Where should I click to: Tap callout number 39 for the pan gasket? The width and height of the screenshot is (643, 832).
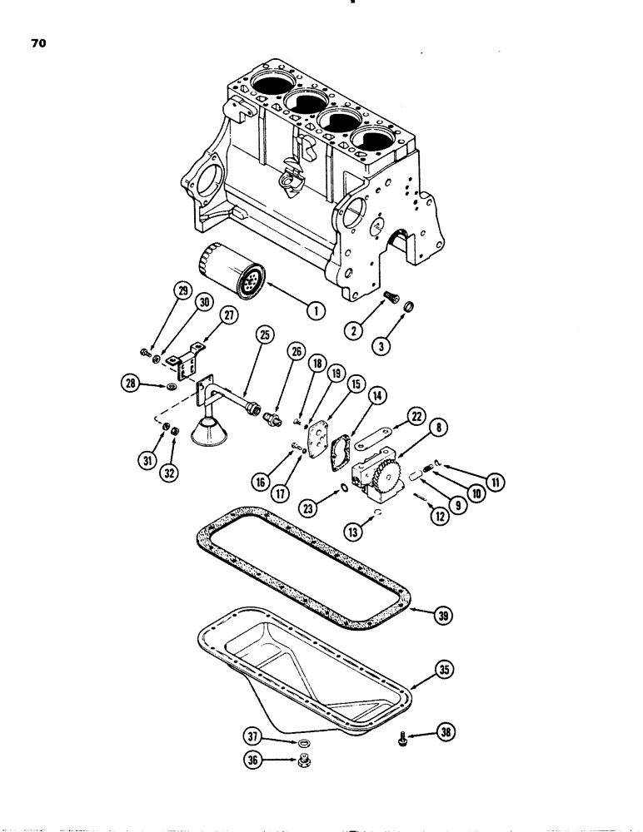(x=445, y=614)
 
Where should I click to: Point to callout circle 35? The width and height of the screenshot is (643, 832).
(x=446, y=667)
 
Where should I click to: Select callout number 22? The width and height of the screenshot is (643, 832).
(x=417, y=416)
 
